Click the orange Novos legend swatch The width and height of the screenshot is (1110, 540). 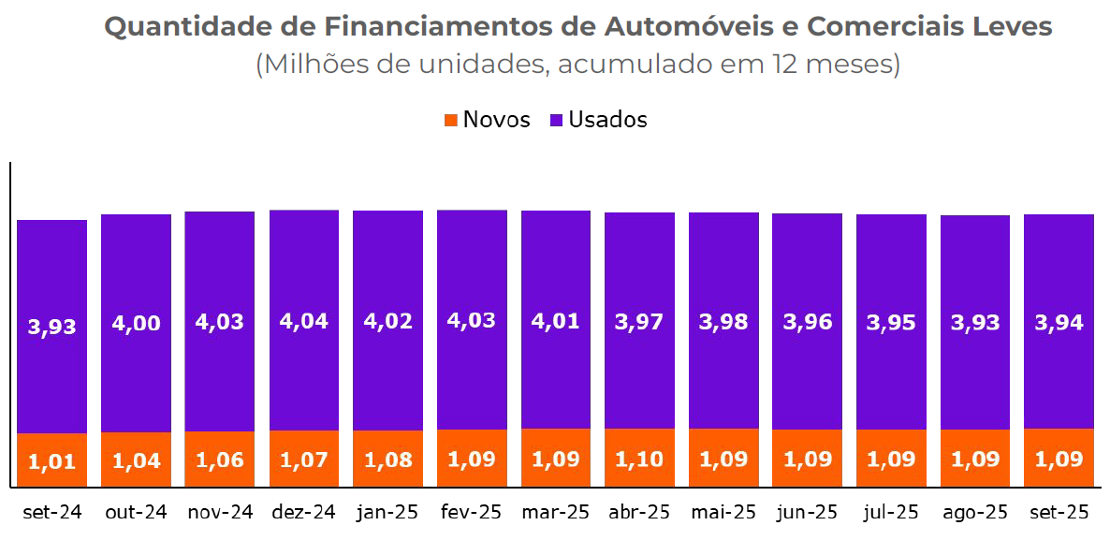451,120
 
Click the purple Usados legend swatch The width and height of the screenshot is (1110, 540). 556,120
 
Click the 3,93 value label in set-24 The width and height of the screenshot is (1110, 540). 52,327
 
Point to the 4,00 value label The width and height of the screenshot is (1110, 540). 137,323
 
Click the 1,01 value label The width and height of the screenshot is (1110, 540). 52,461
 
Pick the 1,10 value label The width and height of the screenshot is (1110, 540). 639,460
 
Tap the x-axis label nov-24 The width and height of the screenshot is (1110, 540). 219,513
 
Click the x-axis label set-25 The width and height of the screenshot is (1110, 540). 1059,513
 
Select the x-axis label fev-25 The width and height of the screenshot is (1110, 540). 471,513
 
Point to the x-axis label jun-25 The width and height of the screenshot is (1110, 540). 807,513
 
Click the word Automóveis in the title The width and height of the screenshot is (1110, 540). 689,27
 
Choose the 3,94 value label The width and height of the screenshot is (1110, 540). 1059,323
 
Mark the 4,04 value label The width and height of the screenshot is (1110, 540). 304,321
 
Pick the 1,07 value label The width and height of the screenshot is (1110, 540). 304,460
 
